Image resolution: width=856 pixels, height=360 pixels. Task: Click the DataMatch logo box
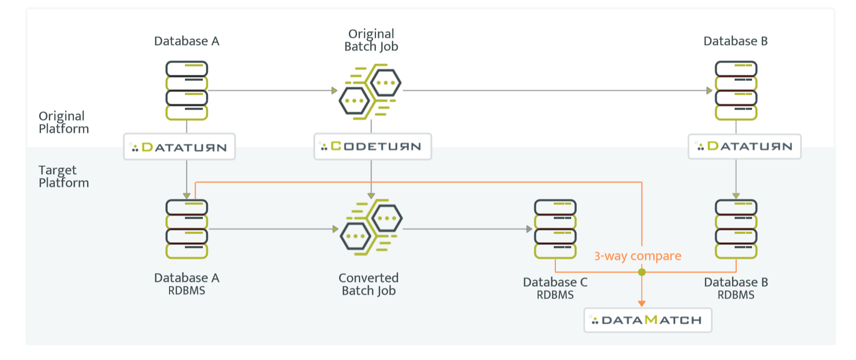click(x=648, y=320)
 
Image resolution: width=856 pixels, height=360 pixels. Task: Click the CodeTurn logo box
click(x=372, y=146)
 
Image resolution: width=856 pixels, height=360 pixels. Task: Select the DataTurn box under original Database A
click(x=179, y=147)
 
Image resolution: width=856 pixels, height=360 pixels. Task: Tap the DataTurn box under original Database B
click(x=744, y=146)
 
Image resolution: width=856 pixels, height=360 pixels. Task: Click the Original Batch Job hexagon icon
click(x=370, y=91)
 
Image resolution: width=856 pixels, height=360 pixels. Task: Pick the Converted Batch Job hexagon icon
click(x=371, y=228)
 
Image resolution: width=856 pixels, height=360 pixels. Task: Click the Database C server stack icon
click(x=555, y=229)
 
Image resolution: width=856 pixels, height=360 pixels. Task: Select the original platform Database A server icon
click(x=186, y=91)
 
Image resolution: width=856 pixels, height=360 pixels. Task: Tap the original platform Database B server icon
click(x=736, y=91)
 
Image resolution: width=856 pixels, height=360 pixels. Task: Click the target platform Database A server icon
click(x=186, y=229)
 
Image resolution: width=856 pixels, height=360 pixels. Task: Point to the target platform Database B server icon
click(x=736, y=229)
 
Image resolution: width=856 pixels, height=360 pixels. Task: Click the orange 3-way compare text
click(x=637, y=256)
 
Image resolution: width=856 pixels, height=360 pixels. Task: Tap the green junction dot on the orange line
click(x=642, y=272)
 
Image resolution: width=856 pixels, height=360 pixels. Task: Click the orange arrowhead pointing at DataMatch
click(x=642, y=304)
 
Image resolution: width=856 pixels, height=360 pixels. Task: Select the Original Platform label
click(x=64, y=122)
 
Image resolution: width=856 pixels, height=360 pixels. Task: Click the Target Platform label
click(x=64, y=176)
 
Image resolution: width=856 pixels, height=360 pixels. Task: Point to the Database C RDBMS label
click(x=555, y=288)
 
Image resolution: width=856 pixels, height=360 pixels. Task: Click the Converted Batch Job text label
click(x=368, y=284)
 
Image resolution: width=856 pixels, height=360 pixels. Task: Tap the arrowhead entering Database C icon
click(x=529, y=229)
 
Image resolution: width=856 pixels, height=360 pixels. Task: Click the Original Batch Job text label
click(x=371, y=40)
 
